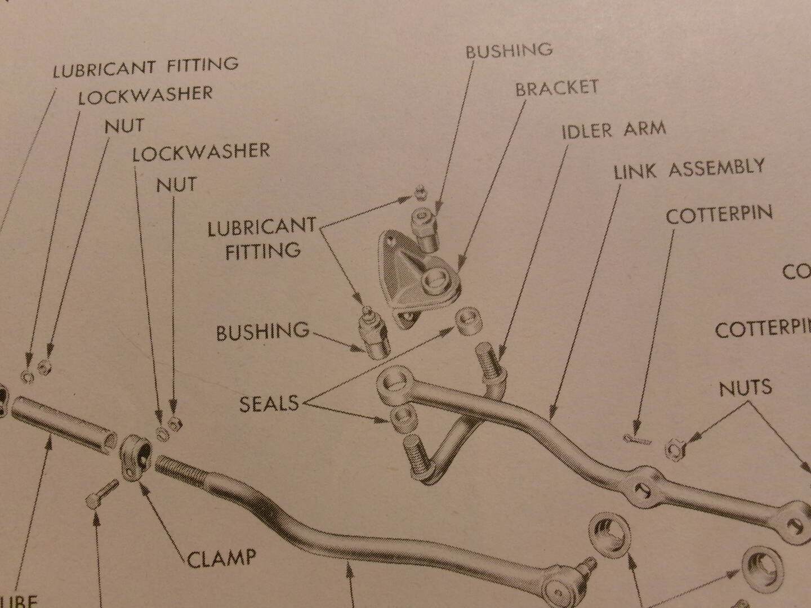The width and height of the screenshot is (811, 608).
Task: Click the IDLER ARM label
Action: tap(613, 130)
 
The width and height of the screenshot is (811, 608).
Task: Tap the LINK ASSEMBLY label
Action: tap(688, 168)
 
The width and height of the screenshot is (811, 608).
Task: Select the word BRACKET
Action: tap(556, 88)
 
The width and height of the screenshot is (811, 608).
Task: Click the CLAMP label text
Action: tap(221, 558)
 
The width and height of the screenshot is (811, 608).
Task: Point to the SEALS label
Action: tap(269, 404)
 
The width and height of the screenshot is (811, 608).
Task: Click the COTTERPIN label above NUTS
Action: tap(718, 215)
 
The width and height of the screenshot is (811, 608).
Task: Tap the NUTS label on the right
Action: tap(745, 388)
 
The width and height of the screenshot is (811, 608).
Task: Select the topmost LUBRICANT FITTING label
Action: tap(145, 67)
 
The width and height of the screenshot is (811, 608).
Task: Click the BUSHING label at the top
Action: tap(508, 51)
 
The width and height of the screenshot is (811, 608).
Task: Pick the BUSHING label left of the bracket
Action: tap(262, 332)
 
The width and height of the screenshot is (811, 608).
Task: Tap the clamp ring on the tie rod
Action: tap(135, 457)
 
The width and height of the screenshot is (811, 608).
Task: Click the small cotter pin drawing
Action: tap(637, 439)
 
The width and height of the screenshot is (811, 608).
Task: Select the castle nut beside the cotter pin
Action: tap(674, 448)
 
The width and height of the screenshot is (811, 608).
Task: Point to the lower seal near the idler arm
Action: tap(404, 418)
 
